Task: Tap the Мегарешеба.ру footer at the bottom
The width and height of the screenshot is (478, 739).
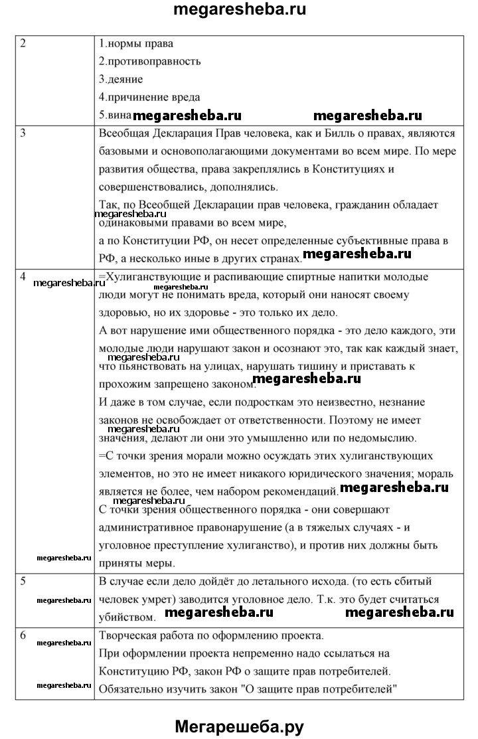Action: pyautogui.click(x=239, y=726)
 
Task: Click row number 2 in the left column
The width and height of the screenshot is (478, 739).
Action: pyautogui.click(x=23, y=44)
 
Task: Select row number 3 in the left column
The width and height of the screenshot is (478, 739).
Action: pyautogui.click(x=23, y=132)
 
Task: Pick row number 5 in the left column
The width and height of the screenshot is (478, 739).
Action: pyautogui.click(x=23, y=582)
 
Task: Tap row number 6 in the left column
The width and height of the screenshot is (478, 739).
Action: pyautogui.click(x=23, y=635)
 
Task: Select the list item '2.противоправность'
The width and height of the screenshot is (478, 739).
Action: pyautogui.click(x=149, y=62)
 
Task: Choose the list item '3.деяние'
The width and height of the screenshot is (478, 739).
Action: pyautogui.click(x=121, y=80)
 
